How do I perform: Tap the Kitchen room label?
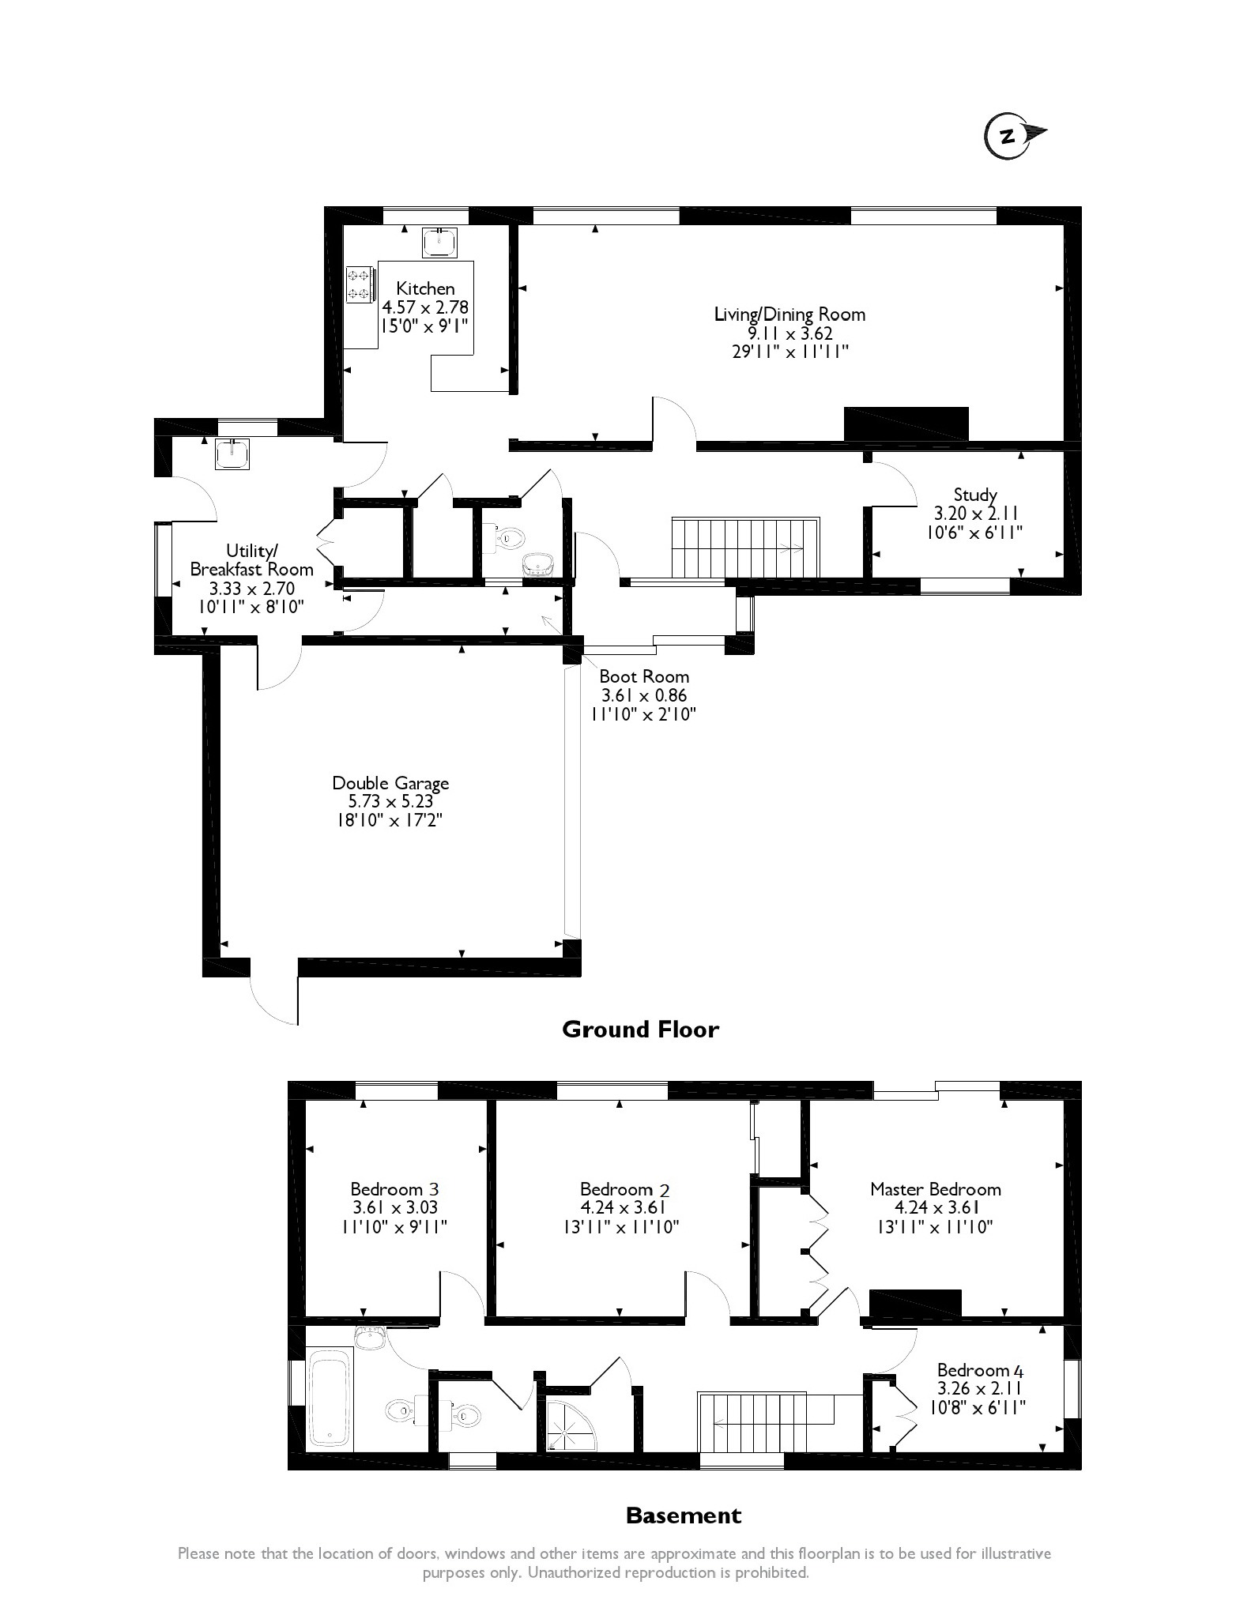tap(425, 288)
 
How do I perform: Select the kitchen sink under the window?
tap(439, 243)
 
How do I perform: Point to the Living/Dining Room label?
tap(789, 314)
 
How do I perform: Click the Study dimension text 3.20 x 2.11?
tap(974, 514)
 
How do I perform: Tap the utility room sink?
tap(232, 454)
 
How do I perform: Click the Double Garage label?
tap(390, 783)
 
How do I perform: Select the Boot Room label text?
tap(644, 676)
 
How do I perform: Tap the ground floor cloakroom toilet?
tap(507, 538)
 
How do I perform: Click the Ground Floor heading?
tap(640, 1030)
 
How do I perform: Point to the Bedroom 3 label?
tap(394, 1189)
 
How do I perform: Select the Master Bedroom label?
tap(935, 1189)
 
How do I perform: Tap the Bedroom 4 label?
tap(984, 1370)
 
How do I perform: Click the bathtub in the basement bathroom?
tap(328, 1398)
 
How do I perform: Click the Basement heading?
tap(683, 1515)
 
